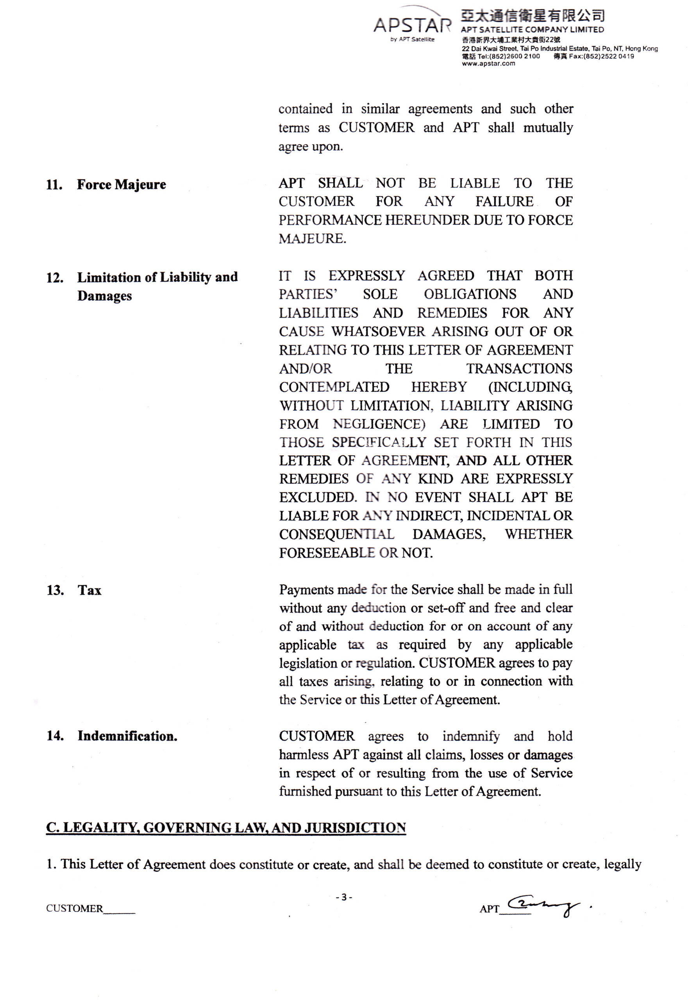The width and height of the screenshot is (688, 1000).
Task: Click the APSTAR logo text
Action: (x=412, y=25)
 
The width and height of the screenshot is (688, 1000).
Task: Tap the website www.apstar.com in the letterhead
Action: (x=488, y=64)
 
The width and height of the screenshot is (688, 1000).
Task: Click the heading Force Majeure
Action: (x=121, y=184)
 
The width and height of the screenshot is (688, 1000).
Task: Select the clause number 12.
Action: (x=55, y=278)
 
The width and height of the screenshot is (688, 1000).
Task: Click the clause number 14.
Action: (x=55, y=736)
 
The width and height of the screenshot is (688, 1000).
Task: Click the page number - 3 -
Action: (x=344, y=897)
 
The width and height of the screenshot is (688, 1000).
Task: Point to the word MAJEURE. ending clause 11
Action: (x=312, y=238)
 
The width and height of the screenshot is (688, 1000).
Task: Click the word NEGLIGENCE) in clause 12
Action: (x=379, y=424)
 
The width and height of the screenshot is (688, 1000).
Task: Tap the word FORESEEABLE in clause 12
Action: (x=326, y=553)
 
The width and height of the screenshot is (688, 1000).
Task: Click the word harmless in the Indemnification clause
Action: (x=304, y=755)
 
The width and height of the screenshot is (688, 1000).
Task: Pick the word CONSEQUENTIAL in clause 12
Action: (x=336, y=534)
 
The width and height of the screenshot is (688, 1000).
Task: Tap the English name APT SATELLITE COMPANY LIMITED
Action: (x=532, y=30)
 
